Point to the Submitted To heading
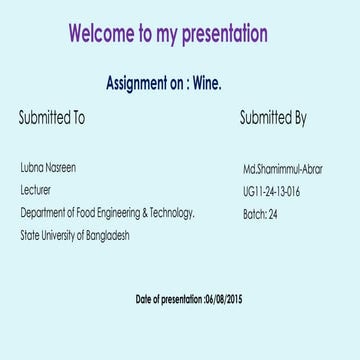(52, 118)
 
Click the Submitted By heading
(272, 118)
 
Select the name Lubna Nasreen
(47, 168)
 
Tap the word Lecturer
(35, 190)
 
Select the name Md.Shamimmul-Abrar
(282, 168)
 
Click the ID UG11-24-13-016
(271, 191)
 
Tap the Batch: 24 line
(260, 214)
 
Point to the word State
(28, 236)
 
